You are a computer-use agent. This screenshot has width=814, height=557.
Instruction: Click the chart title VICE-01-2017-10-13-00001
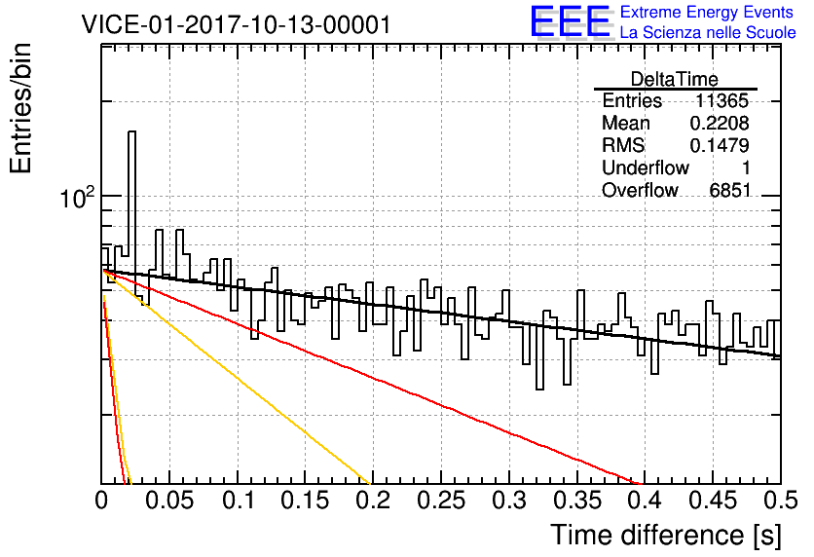tap(237, 24)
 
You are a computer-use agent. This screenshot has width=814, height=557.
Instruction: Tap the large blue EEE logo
tap(571, 21)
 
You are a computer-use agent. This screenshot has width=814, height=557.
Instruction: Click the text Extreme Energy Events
tap(707, 12)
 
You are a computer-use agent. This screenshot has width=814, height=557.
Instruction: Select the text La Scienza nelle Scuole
tap(708, 32)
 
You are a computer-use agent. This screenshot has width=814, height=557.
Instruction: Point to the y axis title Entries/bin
tap(20, 108)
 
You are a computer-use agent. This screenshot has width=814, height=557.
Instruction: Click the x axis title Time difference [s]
tap(666, 536)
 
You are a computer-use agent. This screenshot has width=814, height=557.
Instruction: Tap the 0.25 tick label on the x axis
tap(441, 501)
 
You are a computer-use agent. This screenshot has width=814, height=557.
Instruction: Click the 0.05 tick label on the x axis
tap(169, 501)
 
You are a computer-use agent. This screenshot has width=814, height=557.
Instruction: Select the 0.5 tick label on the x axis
tap(781, 501)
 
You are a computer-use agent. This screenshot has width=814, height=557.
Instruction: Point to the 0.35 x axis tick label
tap(577, 501)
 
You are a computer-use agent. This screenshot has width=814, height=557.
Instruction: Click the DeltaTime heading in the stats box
tap(675, 79)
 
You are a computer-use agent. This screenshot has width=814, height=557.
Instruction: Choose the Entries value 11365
tap(721, 100)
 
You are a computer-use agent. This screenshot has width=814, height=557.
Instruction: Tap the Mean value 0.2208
tap(720, 123)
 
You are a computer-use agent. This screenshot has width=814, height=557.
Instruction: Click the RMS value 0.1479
tap(720, 146)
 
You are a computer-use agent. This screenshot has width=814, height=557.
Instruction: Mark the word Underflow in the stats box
tap(646, 167)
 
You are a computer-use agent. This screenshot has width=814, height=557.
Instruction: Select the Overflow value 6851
tap(730, 191)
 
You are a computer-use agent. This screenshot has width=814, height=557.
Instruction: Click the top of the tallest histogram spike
tap(131, 131)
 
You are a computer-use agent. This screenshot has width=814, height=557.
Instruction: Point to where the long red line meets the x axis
tap(643, 483)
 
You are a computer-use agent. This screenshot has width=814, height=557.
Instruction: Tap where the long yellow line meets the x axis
tap(371, 483)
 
